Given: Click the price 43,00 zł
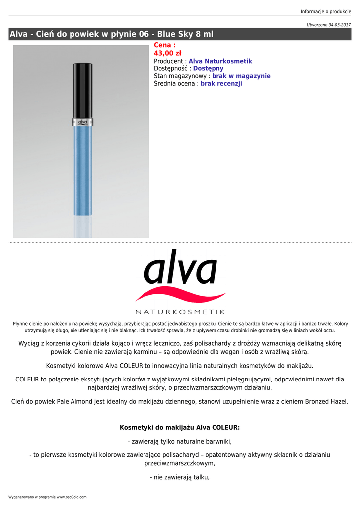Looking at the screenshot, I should [167, 53].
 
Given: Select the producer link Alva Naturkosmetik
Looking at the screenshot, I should [220, 61].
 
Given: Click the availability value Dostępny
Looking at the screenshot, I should [208, 68].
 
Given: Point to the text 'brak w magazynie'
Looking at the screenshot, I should [241, 76].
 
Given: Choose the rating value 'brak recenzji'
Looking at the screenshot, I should [221, 84].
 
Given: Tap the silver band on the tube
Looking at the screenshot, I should [83, 121].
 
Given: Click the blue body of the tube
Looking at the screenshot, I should [83, 169].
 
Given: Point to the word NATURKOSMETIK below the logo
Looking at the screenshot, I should [180, 312].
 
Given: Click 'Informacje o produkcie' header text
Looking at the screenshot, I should [326, 12].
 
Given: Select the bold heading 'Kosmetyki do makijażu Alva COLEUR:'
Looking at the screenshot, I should [180, 427].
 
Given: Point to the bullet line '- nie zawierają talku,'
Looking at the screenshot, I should [180, 478].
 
